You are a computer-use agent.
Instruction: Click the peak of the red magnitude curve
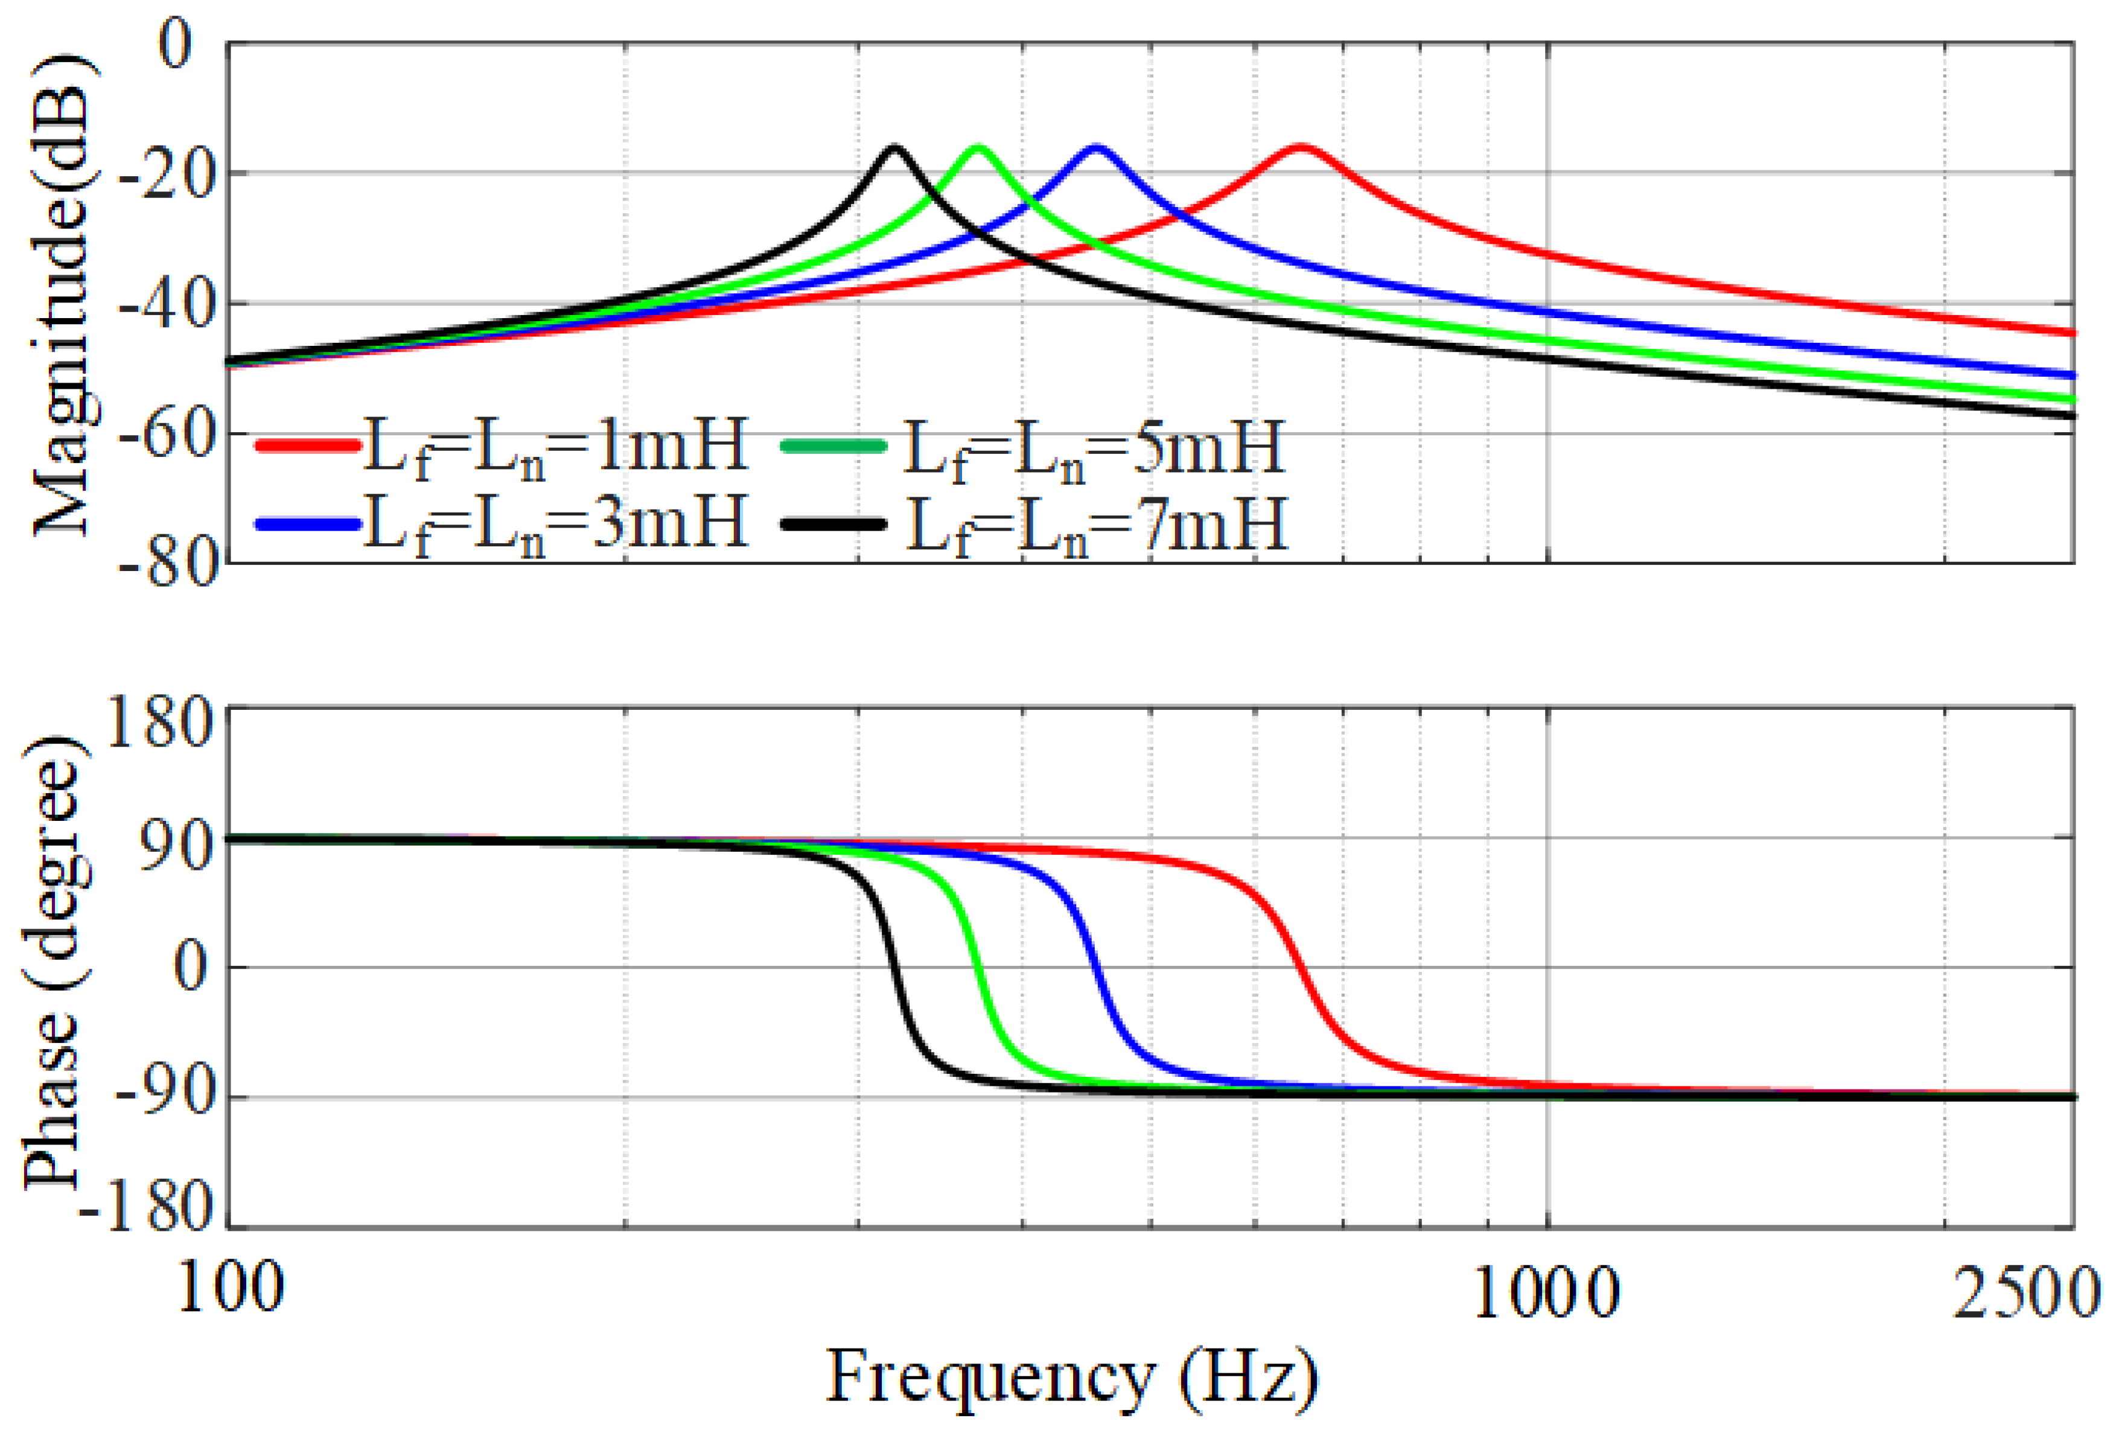point(1301,147)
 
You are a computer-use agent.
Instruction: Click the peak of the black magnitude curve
point(894,147)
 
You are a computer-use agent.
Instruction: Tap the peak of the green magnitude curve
point(978,147)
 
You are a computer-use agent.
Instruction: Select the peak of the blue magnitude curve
point(1095,147)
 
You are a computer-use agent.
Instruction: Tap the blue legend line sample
point(307,524)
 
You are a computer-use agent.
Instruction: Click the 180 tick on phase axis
point(159,725)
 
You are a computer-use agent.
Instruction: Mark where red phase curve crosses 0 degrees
point(1302,967)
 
